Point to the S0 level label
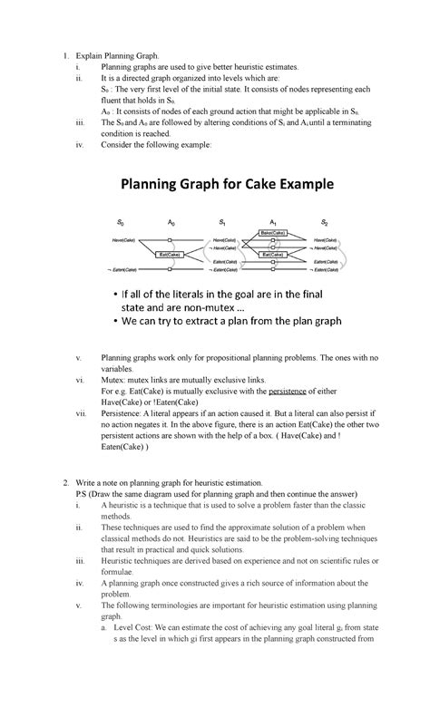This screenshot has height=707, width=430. tap(120, 220)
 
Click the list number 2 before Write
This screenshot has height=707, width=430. tap(66, 484)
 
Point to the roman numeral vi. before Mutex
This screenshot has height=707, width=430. tap(79, 382)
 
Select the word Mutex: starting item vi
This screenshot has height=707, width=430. tap(114, 382)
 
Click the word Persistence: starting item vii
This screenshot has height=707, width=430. tap(124, 412)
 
